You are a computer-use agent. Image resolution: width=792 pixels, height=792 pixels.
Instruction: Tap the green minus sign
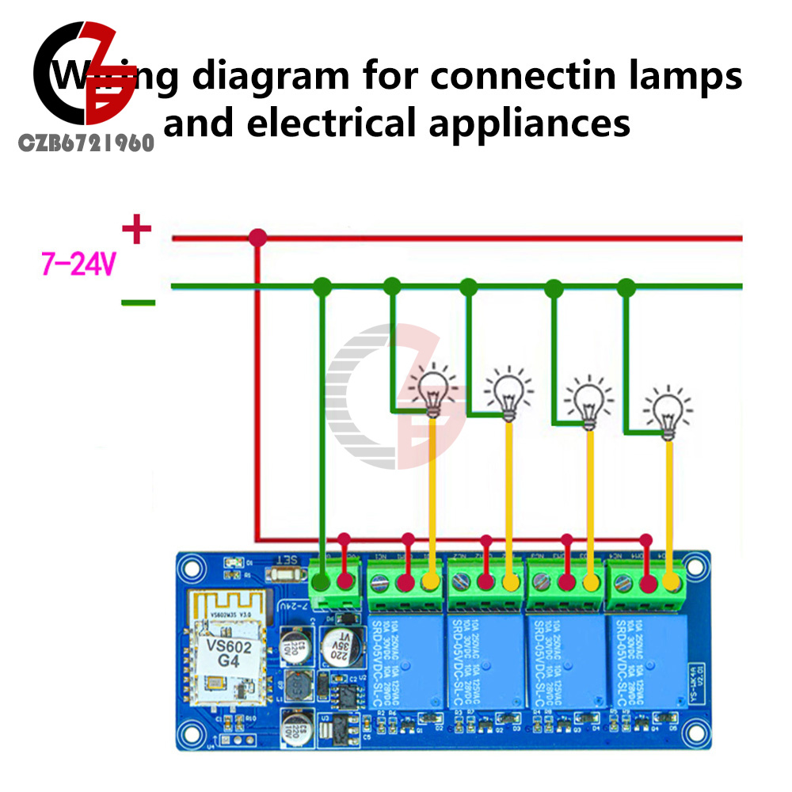(x=138, y=302)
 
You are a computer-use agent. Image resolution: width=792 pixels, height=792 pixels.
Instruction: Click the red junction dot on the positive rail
(x=257, y=237)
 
